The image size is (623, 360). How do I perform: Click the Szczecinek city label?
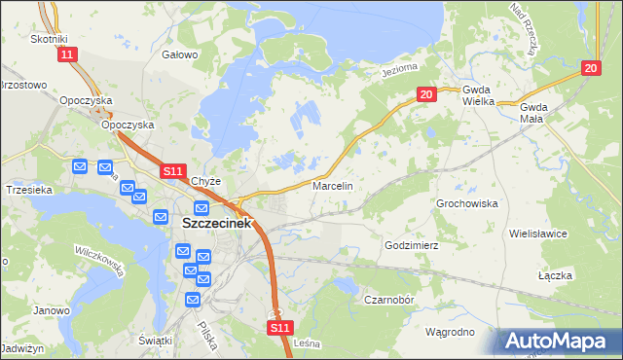[x=216, y=223]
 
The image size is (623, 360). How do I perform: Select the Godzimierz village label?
[x=413, y=246]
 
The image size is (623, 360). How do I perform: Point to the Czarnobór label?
[x=390, y=300]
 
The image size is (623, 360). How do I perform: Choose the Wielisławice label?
[x=565, y=234]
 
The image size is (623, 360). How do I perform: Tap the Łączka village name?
[x=554, y=275]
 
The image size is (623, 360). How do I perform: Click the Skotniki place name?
[x=49, y=38]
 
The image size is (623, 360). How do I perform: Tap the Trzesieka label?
[x=28, y=190]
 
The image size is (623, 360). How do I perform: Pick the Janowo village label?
[x=51, y=311]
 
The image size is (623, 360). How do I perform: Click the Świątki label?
[x=156, y=340]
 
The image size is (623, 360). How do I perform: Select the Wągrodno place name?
[x=450, y=332]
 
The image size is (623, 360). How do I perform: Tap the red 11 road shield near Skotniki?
[x=66, y=55]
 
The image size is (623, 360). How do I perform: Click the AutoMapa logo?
[x=559, y=341]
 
